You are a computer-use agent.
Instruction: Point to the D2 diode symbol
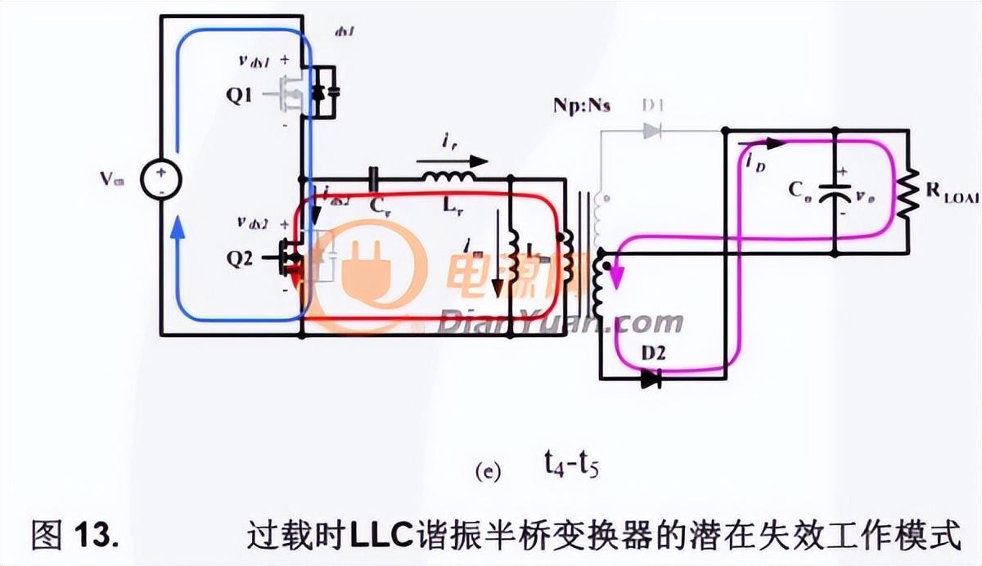tap(651, 379)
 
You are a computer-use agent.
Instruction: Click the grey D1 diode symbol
tap(651, 130)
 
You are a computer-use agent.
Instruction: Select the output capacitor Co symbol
tap(834, 191)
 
